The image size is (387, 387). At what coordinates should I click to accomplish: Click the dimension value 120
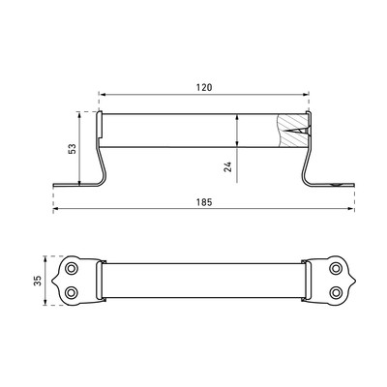coord(204,87)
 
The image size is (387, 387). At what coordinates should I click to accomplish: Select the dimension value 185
coord(204,202)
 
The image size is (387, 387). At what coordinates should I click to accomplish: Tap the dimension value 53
coord(73,148)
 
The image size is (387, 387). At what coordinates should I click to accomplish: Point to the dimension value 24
coord(228,166)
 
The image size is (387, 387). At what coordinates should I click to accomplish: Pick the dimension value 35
coord(39,281)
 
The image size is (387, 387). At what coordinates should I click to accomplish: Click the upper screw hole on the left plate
coord(71,268)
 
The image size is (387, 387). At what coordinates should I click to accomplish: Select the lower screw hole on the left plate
coord(71,292)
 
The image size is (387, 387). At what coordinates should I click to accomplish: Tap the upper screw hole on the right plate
coord(336,268)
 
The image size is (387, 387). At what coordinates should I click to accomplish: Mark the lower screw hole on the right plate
coord(336,292)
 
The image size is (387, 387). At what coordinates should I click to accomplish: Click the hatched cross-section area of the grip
coord(292,131)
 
